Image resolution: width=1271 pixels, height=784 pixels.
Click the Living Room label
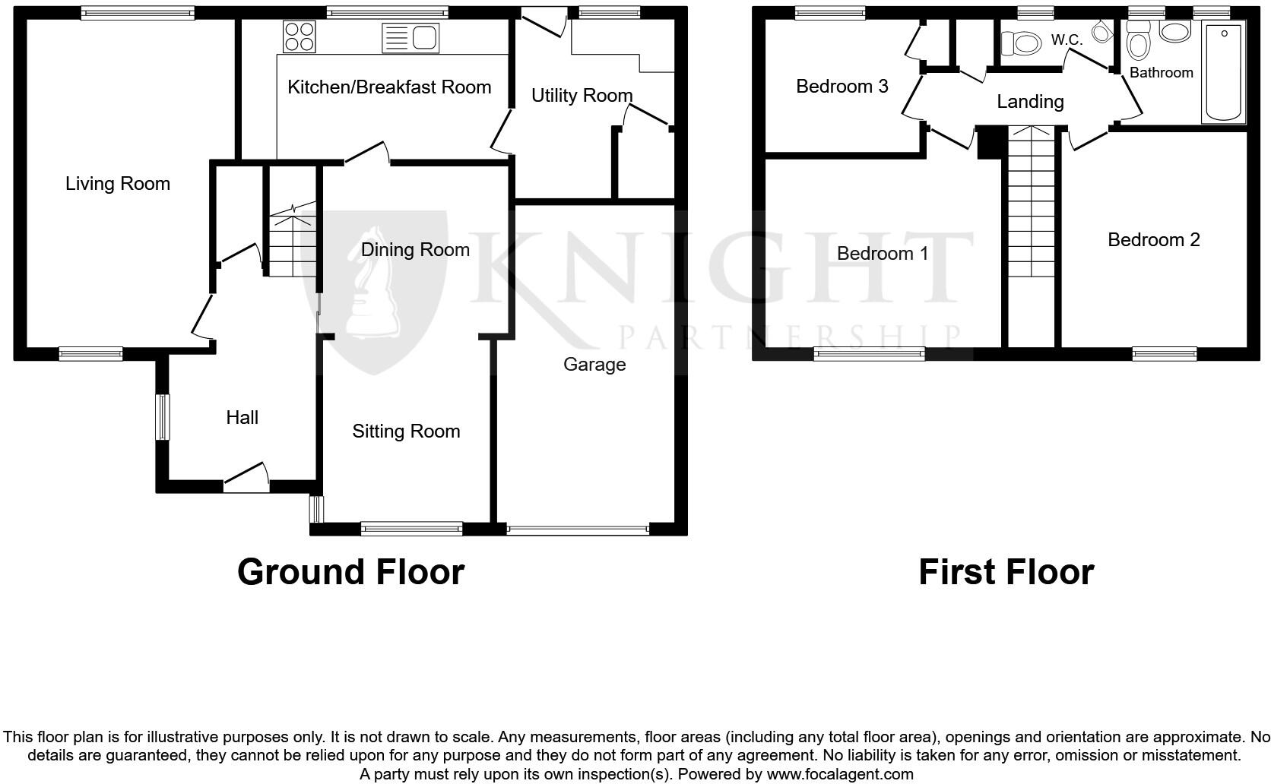[117, 184]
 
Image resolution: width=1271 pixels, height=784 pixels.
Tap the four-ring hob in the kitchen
[299, 36]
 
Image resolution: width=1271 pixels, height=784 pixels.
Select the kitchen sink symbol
[410, 37]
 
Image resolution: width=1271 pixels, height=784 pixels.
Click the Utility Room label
[582, 96]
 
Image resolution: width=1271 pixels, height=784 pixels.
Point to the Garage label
[594, 365]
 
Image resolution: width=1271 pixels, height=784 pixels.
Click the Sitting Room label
[406, 432]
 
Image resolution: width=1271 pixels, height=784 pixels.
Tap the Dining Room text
[415, 250]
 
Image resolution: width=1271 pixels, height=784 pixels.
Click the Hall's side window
[161, 416]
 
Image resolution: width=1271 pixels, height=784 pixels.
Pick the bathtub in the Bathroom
[1223, 72]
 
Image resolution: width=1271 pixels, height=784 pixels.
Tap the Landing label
[1030, 102]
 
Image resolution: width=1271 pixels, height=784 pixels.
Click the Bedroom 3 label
[842, 87]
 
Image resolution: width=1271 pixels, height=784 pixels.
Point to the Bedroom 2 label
[1153, 240]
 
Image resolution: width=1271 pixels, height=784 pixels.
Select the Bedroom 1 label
[883, 254]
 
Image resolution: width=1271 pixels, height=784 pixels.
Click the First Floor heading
[1006, 572]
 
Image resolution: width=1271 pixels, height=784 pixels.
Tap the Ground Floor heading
[350, 572]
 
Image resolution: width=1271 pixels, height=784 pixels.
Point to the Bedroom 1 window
[869, 353]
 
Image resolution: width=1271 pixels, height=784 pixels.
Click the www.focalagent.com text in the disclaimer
[840, 774]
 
